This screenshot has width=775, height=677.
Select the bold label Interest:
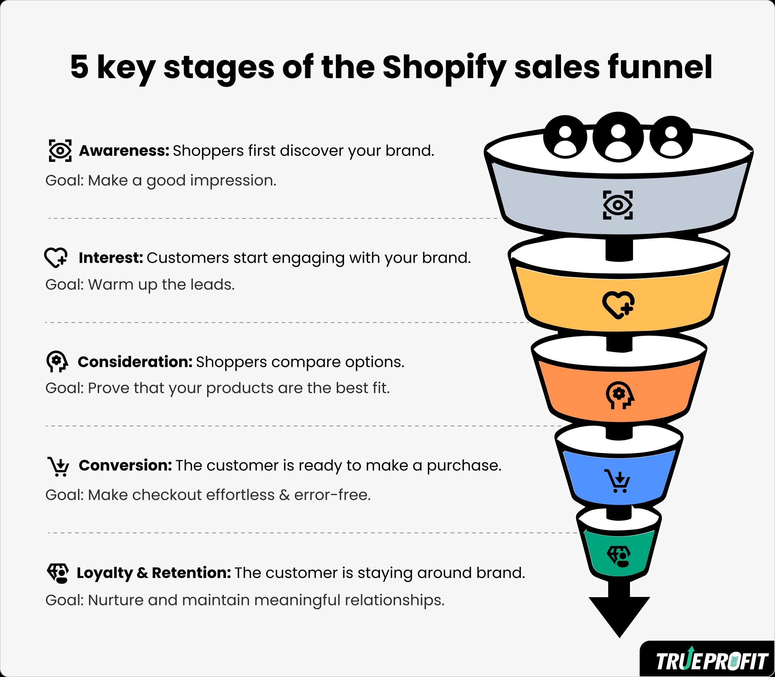tap(111, 258)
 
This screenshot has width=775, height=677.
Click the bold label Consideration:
tap(135, 362)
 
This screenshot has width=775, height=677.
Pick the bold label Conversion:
tap(126, 465)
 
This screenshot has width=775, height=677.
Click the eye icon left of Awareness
tap(60, 151)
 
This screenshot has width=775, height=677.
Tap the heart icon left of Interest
tap(56, 258)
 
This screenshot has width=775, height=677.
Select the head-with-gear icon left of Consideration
tap(57, 361)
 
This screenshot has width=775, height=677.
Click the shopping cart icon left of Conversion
tap(58, 466)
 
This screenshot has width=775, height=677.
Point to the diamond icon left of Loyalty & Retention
tap(58, 574)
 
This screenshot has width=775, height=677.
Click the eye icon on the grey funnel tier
tap(618, 205)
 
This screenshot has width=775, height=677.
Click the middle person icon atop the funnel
tap(618, 137)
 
